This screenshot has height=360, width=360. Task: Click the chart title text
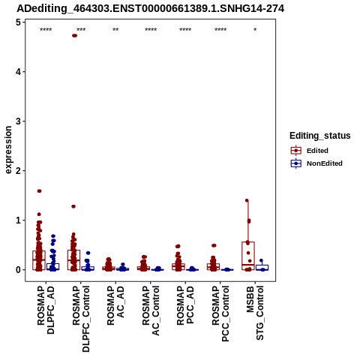point(151,8)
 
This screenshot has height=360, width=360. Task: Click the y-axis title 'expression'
point(8,150)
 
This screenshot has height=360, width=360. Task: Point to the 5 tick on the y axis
point(24,22)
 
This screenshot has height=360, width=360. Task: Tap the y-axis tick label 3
point(18,121)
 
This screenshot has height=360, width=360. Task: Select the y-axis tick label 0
point(18,270)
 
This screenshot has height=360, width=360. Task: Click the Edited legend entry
point(317,151)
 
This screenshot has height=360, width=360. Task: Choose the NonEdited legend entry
point(316,163)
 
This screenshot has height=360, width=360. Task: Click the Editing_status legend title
point(320,136)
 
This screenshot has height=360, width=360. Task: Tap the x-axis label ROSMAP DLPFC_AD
point(46,310)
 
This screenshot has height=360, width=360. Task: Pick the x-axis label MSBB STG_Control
point(255,313)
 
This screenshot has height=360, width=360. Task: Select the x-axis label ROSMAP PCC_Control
point(220,313)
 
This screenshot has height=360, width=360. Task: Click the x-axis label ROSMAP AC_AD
point(115,305)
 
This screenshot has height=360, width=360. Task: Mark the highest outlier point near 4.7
point(74,35)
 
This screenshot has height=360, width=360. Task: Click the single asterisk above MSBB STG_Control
point(255,30)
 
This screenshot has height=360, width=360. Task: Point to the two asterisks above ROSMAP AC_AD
point(115,30)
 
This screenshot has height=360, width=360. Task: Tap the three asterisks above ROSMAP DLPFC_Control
point(81,30)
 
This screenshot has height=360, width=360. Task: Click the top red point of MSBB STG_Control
point(247,200)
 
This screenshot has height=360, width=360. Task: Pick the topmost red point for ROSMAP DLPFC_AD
point(39,191)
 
